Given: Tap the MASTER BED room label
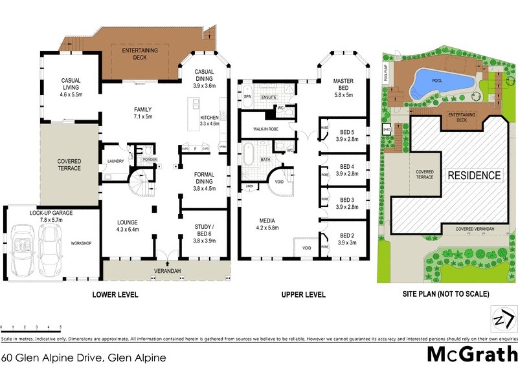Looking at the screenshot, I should (343, 85).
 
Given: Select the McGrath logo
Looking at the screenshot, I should (472, 354).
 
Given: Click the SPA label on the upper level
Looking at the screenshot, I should (247, 96).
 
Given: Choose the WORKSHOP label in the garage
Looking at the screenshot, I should (81, 243).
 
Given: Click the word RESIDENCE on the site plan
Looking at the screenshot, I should (475, 175).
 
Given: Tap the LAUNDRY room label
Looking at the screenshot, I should (115, 163).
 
